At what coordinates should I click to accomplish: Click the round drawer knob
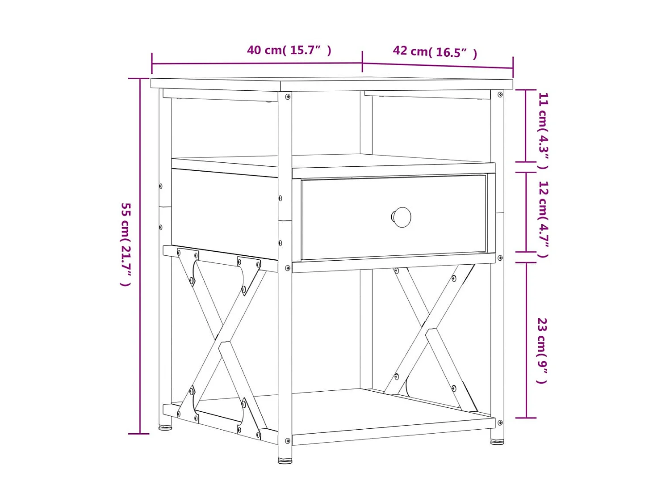click(x=402, y=217)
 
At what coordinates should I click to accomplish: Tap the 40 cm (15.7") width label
click(x=289, y=50)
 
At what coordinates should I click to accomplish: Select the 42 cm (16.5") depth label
click(x=435, y=52)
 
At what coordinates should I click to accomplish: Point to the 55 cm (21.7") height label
click(x=126, y=244)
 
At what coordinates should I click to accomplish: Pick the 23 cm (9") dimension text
click(x=542, y=351)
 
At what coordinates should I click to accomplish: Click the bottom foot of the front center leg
click(x=285, y=461)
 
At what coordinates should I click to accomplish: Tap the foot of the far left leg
click(x=165, y=428)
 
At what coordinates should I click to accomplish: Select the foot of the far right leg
click(x=497, y=442)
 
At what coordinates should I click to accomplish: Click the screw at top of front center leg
click(x=288, y=97)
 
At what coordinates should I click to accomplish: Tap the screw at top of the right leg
click(x=500, y=95)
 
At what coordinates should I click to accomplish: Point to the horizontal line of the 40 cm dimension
click(x=257, y=63)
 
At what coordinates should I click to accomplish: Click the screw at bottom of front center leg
click(x=288, y=441)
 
